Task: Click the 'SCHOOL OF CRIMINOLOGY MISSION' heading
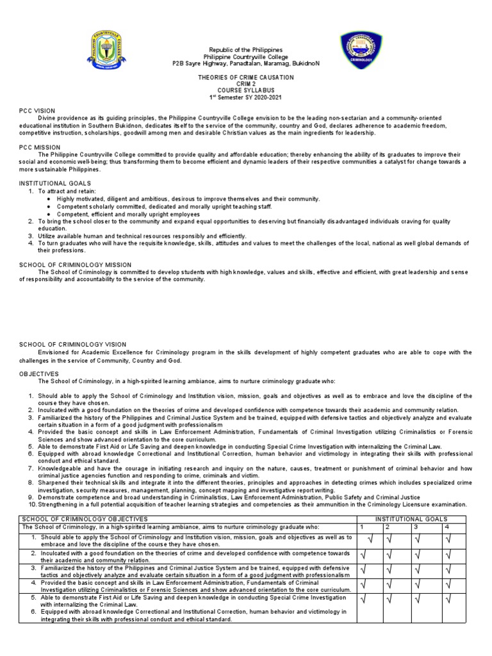pyautogui.click(x=76, y=265)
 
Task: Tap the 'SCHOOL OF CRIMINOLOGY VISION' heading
pyautogui.click(x=72, y=345)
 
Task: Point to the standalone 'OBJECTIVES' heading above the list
pyautogui.click(x=38, y=373)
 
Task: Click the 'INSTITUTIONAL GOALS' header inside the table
pyautogui.click(x=411, y=519)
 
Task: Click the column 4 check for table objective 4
pyautogui.click(x=448, y=584)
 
